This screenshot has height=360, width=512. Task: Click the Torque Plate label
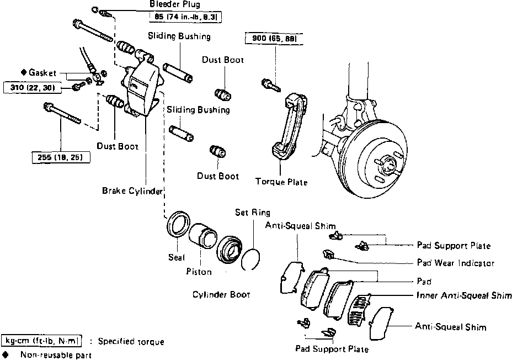click(x=281, y=182)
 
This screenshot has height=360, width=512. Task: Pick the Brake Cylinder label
click(x=132, y=191)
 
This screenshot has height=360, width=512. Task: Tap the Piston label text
click(x=199, y=272)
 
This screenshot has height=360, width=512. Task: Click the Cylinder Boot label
click(x=221, y=295)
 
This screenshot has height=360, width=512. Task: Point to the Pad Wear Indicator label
click(x=455, y=263)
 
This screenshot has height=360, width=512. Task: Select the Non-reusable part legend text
click(x=56, y=355)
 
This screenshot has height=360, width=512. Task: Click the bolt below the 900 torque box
click(x=269, y=84)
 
